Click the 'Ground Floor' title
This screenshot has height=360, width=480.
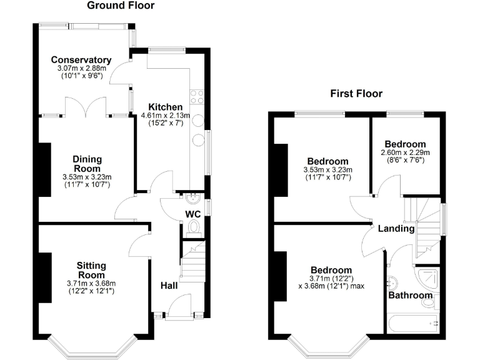pos(121,6)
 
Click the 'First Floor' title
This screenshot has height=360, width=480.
pos(356,94)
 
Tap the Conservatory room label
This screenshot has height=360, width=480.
pos(81,60)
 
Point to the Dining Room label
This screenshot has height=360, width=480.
pos(86,164)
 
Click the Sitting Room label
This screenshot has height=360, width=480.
pos(91,271)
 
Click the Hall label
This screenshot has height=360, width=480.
pos(169,286)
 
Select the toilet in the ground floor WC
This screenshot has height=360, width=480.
pos(194,227)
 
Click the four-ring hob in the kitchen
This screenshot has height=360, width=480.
pos(197,96)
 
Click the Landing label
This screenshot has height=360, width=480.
pos(396,229)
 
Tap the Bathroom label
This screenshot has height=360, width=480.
pos(410,295)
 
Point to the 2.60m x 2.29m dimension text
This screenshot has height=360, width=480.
pos(405,152)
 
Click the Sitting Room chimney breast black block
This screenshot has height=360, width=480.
pos(44,278)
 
